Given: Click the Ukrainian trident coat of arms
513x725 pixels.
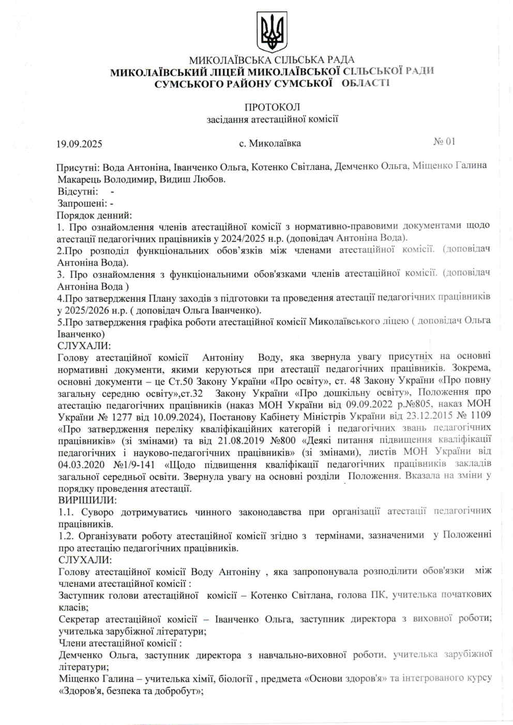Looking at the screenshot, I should pyautogui.click(x=271, y=32).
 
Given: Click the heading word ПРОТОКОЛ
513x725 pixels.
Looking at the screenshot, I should pyautogui.click(x=272, y=107).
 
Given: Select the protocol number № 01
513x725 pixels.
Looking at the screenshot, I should pyautogui.click(x=444, y=142).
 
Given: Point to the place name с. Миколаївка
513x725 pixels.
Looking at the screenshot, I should pyautogui.click(x=269, y=143).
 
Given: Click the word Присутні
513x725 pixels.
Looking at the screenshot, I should pyautogui.click(x=78, y=167).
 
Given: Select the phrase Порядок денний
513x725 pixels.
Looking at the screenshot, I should pyautogui.click(x=94, y=215).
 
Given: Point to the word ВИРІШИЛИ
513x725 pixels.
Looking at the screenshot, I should pyautogui.click(x=87, y=500).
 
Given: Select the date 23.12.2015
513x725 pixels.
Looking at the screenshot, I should pyautogui.click(x=429, y=415).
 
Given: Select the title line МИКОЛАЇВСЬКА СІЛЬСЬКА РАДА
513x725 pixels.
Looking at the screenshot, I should pyautogui.click(x=271, y=60).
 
